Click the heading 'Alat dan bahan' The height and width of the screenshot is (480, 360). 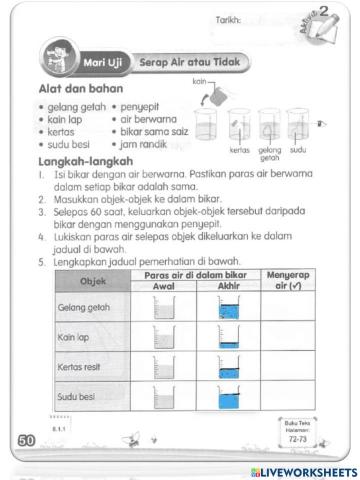click(74, 89)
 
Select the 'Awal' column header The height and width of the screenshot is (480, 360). click(162, 286)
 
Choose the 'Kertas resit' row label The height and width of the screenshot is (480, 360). click(82, 369)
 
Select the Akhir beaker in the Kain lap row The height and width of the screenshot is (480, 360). click(226, 338)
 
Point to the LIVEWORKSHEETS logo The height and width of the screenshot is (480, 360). click(305, 470)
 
